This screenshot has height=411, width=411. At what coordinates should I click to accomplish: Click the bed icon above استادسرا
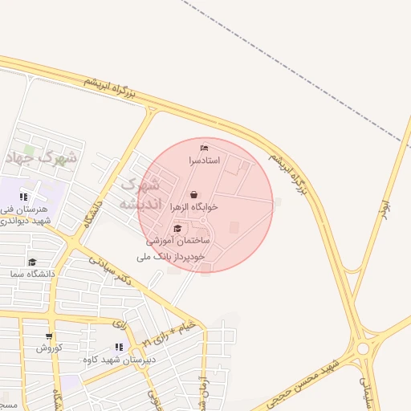pyautogui.click(x=204, y=148)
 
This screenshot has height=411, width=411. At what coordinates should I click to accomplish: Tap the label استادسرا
pyautogui.click(x=204, y=161)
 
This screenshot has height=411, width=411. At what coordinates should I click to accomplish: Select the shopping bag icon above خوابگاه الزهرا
pyautogui.click(x=194, y=193)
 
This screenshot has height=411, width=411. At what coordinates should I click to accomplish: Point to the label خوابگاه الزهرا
pyautogui.click(x=194, y=206)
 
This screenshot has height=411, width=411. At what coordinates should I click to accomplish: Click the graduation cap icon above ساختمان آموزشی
pyautogui.click(x=177, y=229)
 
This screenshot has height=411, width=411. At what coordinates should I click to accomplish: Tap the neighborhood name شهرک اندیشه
pyautogui.click(x=140, y=195)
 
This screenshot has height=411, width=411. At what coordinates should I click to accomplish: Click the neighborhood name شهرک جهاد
pyautogui.click(x=42, y=157)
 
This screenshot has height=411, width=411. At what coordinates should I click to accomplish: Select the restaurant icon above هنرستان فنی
pyautogui.click(x=24, y=197)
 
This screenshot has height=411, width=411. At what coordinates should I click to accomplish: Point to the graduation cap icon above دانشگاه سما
pyautogui.click(x=32, y=262)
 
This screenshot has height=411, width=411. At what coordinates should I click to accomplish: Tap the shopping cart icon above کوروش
pyautogui.click(x=49, y=336)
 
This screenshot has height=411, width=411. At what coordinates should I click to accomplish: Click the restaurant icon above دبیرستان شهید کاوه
pyautogui.click(x=119, y=347)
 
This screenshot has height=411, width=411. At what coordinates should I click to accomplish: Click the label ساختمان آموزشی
pyautogui.click(x=177, y=241)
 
